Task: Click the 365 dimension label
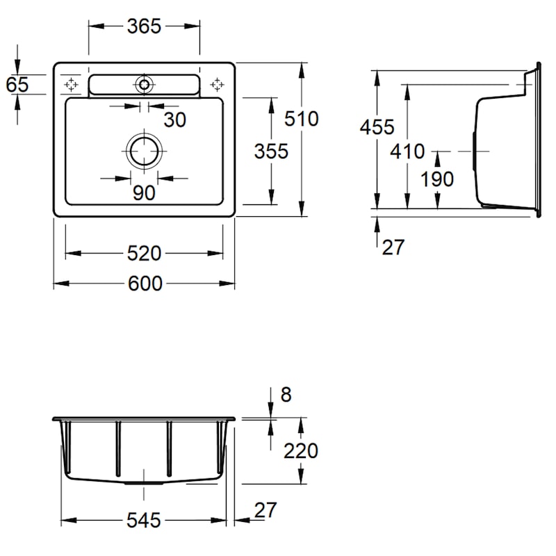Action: tap(144, 26)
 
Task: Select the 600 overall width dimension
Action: tap(145, 284)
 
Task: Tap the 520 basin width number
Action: tap(144, 254)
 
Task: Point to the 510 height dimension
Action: tap(302, 119)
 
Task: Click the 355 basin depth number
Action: tap(271, 152)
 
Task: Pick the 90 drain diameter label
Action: tap(144, 193)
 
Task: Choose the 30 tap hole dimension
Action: tap(175, 120)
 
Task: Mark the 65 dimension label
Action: tap(17, 85)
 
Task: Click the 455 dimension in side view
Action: tap(377, 127)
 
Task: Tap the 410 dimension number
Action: tap(407, 152)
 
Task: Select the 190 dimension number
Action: tap(437, 179)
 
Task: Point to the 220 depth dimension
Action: tap(301, 451)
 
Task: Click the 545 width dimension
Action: tap(144, 521)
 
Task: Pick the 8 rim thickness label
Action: tap(286, 395)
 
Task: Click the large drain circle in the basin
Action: tap(144, 152)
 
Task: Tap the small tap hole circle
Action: tap(144, 84)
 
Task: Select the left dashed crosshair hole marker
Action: tap(71, 84)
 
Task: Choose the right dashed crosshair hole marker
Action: tap(217, 84)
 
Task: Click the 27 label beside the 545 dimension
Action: tap(265, 510)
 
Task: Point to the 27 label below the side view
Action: tap(393, 247)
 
